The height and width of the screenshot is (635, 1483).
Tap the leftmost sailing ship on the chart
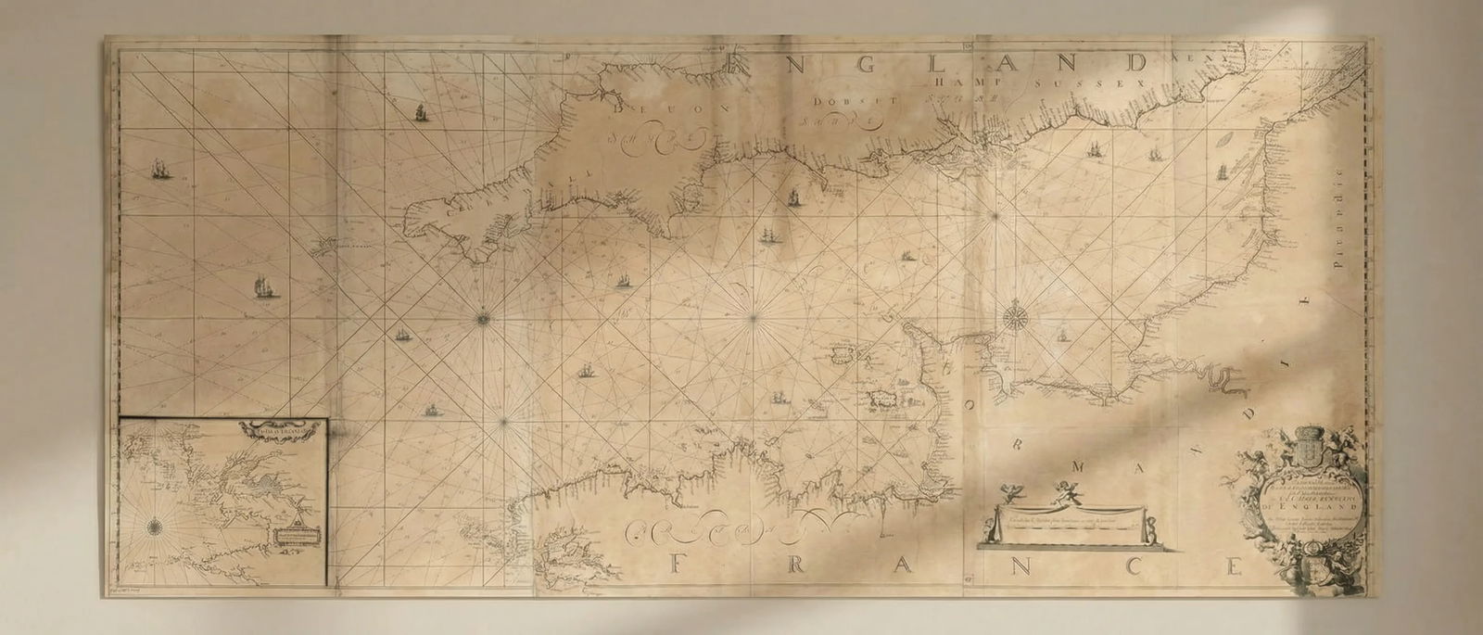point(160,170)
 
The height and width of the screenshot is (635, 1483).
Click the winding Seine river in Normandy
point(1223,378)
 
